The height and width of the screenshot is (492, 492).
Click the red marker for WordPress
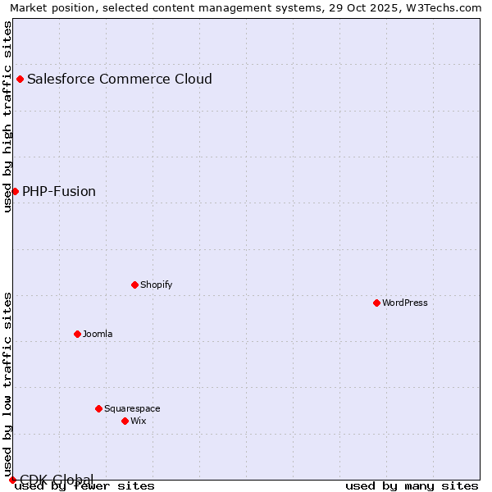[x=376, y=303]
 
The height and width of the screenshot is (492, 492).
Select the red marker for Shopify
[x=134, y=285]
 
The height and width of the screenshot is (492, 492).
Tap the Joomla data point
[x=77, y=334]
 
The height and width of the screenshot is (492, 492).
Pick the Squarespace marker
[x=98, y=408]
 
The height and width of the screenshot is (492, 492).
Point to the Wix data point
[x=125, y=421]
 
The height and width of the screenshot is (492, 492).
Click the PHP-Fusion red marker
[x=15, y=191]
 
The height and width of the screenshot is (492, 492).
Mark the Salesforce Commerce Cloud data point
[x=20, y=80]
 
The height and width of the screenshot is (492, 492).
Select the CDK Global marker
[x=12, y=480]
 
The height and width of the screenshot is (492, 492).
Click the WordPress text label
[x=405, y=303]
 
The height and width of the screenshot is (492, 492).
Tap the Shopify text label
[x=156, y=285]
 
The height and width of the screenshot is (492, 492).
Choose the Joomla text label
[x=98, y=334]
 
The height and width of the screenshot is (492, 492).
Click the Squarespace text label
[x=132, y=408]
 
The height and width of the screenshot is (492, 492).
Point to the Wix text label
[x=138, y=421]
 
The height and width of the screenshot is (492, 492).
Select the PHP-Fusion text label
[x=59, y=191]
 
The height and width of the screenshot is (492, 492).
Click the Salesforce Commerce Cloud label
[x=120, y=80]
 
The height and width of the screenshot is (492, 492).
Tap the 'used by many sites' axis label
[x=412, y=485]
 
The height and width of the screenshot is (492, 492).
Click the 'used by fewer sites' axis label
[x=84, y=485]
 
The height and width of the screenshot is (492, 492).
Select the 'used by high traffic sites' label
[x=7, y=116]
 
